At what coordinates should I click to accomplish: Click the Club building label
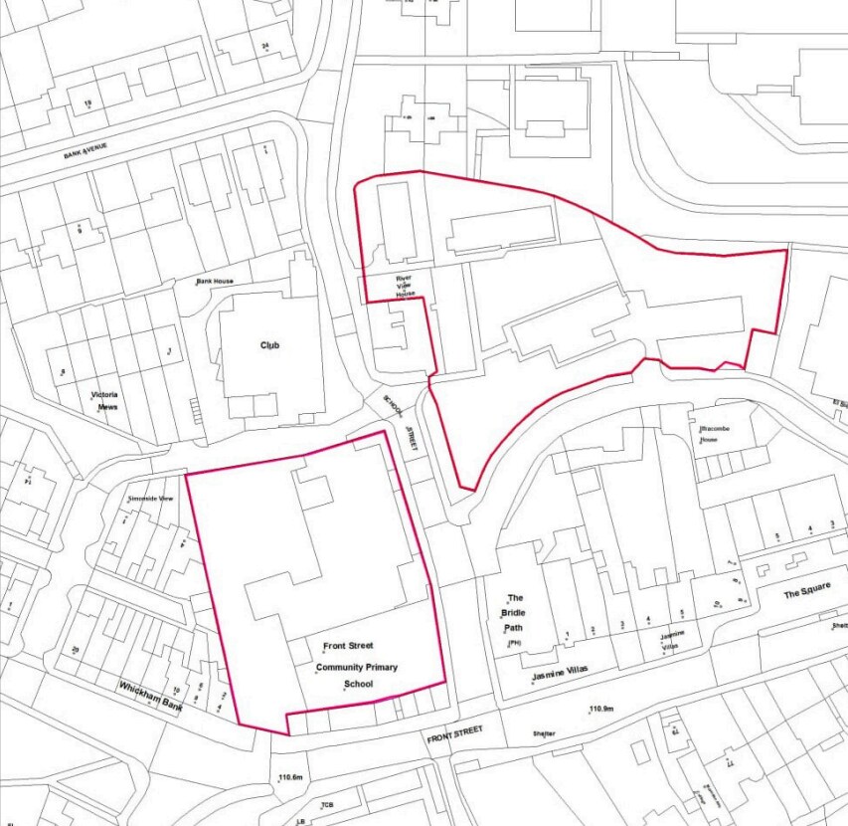point(269,345)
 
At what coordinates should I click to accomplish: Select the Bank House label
point(214,282)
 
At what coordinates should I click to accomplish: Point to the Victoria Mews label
point(104,401)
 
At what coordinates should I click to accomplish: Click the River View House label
point(405,286)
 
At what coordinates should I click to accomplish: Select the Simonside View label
point(151,498)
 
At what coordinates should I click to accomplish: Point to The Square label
point(805,594)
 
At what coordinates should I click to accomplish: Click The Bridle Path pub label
point(515,613)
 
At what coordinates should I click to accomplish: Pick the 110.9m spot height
point(603,709)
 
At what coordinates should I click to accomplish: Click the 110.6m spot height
point(289,777)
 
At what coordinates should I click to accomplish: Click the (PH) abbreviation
point(514,644)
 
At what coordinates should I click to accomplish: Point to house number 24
point(265,47)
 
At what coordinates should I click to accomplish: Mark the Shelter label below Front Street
point(543,734)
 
